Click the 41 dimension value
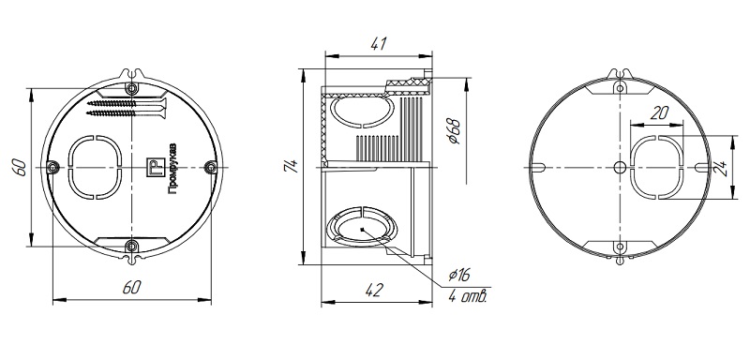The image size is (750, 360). click(379, 43)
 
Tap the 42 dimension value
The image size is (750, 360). click(374, 291)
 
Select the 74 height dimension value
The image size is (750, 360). click(292, 165)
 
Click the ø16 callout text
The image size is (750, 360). click(459, 275)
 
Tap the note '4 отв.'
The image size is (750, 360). click(468, 297)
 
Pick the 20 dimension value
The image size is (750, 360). click(660, 112)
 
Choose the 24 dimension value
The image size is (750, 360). click(725, 168)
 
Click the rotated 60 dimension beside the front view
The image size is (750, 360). click(20, 167)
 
